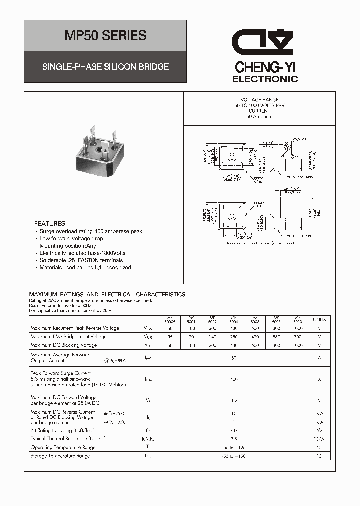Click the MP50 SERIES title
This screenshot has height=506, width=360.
click(105, 36)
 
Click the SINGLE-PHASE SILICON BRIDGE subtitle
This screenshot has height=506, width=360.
click(105, 66)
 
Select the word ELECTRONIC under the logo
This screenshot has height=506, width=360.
click(265, 79)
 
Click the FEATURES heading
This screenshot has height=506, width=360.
click(49, 224)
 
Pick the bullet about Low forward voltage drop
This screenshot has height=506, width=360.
click(71, 239)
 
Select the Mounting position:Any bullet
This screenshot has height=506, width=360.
click(67, 246)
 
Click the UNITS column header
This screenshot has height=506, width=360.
click(319, 320)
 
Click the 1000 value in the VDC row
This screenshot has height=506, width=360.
click(298, 345)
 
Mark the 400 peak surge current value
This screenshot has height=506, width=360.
click(233, 380)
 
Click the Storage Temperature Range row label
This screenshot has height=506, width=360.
click(60, 456)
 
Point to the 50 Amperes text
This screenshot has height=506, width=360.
click(259, 117)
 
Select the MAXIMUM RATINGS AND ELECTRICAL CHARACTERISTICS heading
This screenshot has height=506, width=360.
click(107, 295)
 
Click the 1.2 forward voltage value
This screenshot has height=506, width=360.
click(233, 400)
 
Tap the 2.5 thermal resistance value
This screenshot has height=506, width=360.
click(233, 439)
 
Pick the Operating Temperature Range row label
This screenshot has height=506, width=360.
click(63, 447)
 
